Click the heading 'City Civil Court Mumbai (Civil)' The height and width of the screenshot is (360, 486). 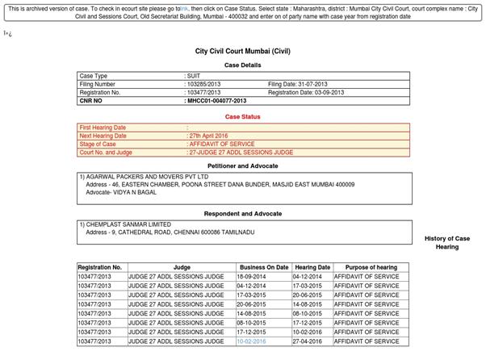pos(243,51)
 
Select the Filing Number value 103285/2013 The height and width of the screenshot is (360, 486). pos(203,84)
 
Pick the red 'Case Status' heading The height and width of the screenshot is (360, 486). pos(243,117)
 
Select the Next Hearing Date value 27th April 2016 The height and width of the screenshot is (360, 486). pos(207,136)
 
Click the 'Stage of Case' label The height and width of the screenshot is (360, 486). pos(98,144)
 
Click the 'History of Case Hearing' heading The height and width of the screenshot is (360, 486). pos(446,242)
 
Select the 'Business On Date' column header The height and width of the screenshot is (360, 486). pos(263,266)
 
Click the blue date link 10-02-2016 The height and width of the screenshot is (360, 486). pos(250,341)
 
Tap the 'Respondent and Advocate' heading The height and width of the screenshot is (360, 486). pos(243,213)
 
